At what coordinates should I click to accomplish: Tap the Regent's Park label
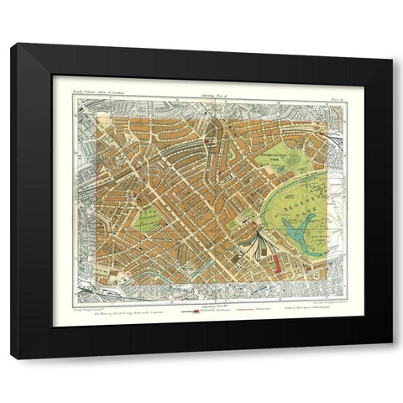(x=300, y=201)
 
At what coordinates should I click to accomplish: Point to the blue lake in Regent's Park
(x=296, y=229)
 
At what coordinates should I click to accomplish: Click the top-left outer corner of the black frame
(x=11, y=44)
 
